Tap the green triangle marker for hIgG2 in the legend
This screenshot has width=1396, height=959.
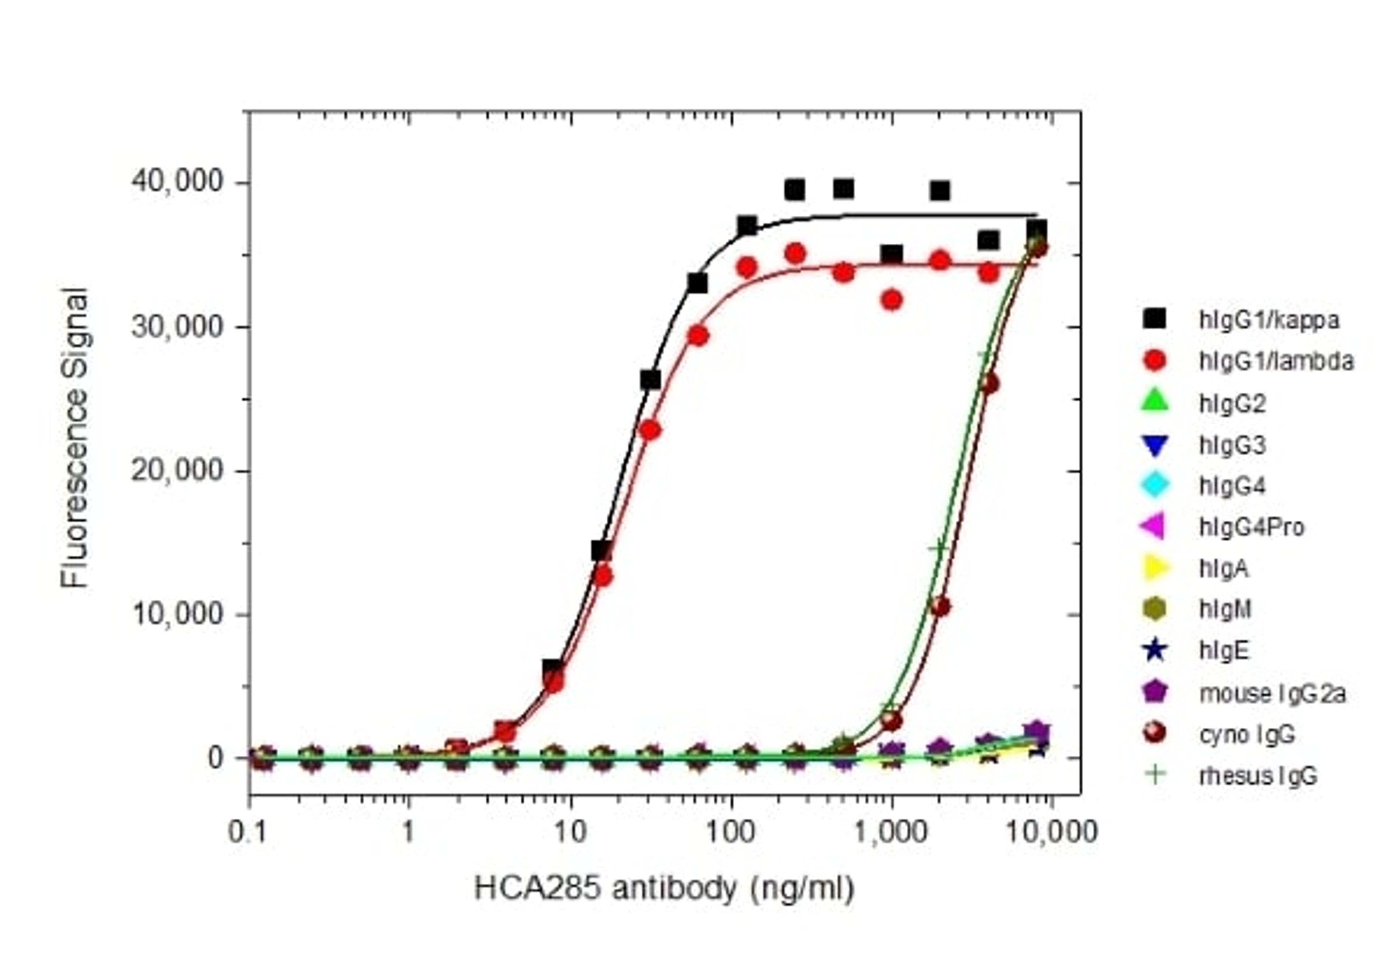pyautogui.click(x=1155, y=402)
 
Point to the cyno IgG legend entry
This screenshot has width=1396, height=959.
pyautogui.click(x=1247, y=734)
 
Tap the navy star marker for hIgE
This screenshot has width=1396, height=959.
pyautogui.click(x=1155, y=651)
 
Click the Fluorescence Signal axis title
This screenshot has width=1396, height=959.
pyautogui.click(x=75, y=439)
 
